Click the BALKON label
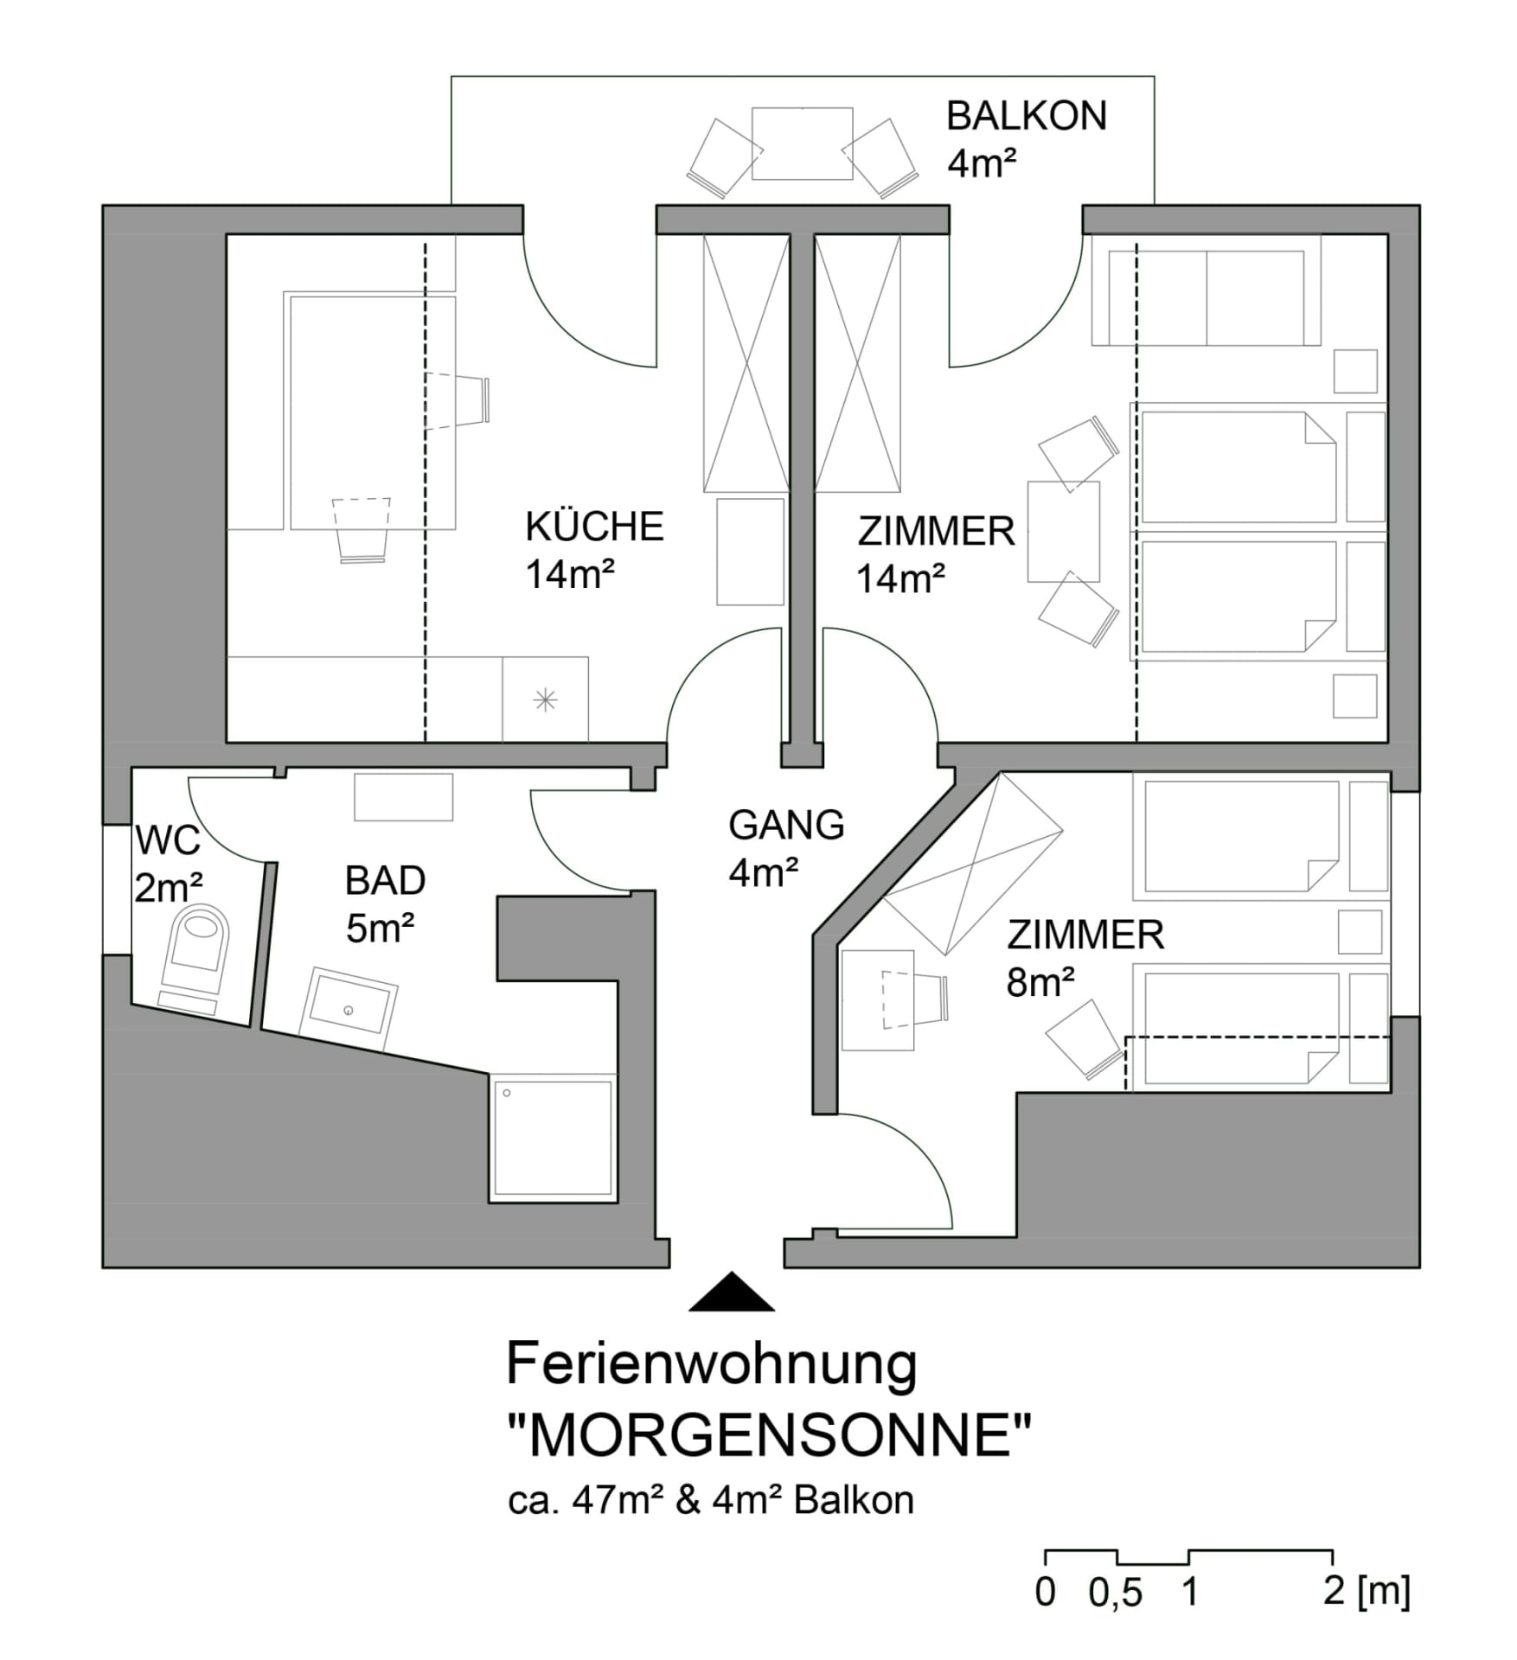[x=1027, y=116]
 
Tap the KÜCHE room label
[x=594, y=527]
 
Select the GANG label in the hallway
[x=786, y=825]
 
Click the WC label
[x=168, y=840]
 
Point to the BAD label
[x=385, y=881]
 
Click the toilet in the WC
[x=195, y=958]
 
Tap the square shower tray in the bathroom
[x=553, y=1138]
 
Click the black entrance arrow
[x=731, y=1292]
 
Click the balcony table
[x=802, y=144]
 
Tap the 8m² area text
[x=1040, y=983]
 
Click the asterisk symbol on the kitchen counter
[x=545, y=699]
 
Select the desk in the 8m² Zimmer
[x=877, y=1000]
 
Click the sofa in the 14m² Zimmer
[x=1206, y=291]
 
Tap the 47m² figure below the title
[x=618, y=1501]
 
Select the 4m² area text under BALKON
[x=982, y=163]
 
